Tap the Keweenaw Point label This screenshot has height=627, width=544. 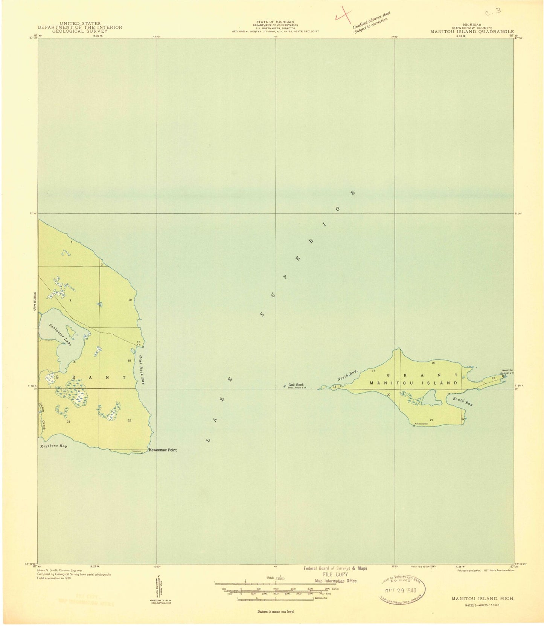[163, 450]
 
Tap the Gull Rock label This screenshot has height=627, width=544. [296, 385]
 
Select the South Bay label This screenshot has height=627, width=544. [463, 402]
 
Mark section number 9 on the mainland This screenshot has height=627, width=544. [70, 300]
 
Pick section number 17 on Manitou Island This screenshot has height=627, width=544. [373, 371]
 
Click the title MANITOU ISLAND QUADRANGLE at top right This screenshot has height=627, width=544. [472, 32]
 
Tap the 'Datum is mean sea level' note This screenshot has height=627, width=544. [276, 612]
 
